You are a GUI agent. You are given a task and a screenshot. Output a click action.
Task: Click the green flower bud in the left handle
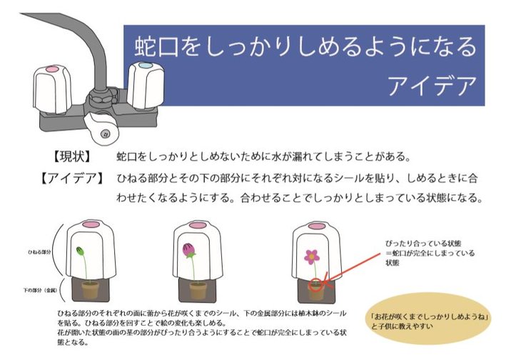point(80,252)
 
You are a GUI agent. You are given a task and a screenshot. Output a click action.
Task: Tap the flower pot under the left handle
point(89,289)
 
